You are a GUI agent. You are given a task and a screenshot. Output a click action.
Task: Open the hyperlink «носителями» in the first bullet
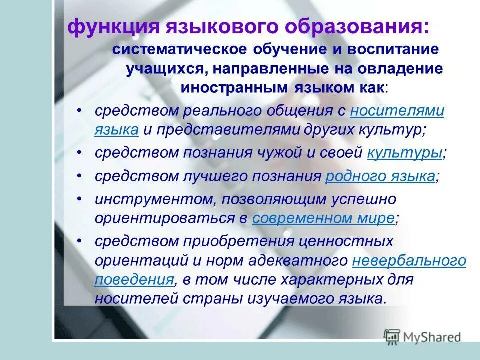tap(397, 110)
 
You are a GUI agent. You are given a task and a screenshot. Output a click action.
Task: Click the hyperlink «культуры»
tap(404, 153)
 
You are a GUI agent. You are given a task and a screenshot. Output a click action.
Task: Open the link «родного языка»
tap(380, 176)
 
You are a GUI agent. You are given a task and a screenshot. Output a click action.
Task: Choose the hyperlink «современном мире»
tap(324, 218)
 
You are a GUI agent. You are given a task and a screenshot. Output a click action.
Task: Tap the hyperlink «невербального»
tap(409, 261)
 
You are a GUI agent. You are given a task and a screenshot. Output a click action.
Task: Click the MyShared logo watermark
tap(422, 337)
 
